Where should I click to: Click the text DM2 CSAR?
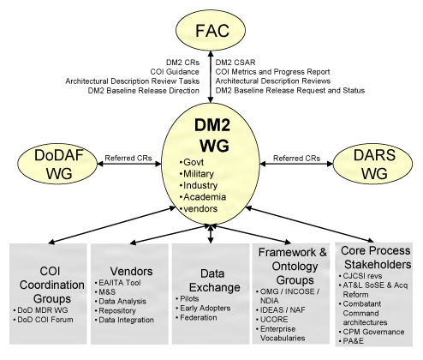coord(236,61)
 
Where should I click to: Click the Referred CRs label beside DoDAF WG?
coord(129,159)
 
